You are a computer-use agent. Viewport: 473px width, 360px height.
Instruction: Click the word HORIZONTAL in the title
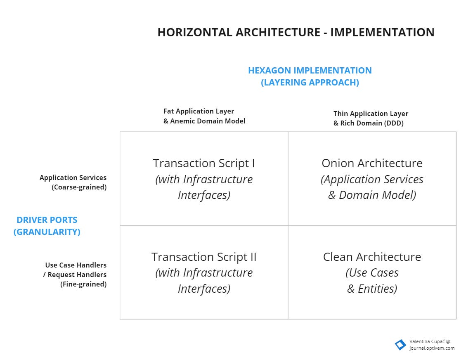pyautogui.click(x=195, y=33)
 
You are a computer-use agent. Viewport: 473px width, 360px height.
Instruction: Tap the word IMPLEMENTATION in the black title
pyautogui.click(x=382, y=33)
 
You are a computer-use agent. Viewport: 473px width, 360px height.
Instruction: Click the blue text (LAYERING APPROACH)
pyautogui.click(x=310, y=83)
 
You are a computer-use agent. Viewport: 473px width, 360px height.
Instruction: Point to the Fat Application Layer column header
pyautogui.click(x=199, y=111)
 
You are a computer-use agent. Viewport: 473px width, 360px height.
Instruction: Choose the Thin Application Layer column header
pyautogui.click(x=371, y=114)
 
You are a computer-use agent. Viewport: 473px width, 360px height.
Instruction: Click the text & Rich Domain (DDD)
pyautogui.click(x=368, y=123)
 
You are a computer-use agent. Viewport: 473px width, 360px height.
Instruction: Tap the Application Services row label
pyautogui.click(x=73, y=178)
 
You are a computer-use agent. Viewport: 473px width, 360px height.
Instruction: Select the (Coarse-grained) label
pyautogui.click(x=79, y=187)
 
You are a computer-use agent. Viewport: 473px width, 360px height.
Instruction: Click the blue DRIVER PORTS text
pyautogui.click(x=47, y=220)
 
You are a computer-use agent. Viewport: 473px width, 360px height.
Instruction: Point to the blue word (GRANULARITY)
pyautogui.click(x=47, y=232)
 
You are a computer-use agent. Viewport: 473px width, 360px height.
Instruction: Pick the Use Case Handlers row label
pyautogui.click(x=76, y=265)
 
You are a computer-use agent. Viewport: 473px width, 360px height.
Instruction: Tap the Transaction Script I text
pyautogui.click(x=204, y=163)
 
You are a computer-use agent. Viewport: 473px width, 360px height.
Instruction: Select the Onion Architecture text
pyautogui.click(x=372, y=163)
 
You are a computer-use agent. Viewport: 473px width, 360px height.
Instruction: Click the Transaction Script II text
pyautogui.click(x=204, y=257)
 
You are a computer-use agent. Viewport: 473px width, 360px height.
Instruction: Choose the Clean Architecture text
pyautogui.click(x=372, y=257)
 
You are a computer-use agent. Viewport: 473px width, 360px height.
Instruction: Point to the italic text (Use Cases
pyautogui.click(x=372, y=273)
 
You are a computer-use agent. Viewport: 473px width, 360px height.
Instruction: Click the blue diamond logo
pyautogui.click(x=400, y=345)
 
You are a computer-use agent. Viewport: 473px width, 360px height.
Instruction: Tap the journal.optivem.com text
pyautogui.click(x=432, y=348)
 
